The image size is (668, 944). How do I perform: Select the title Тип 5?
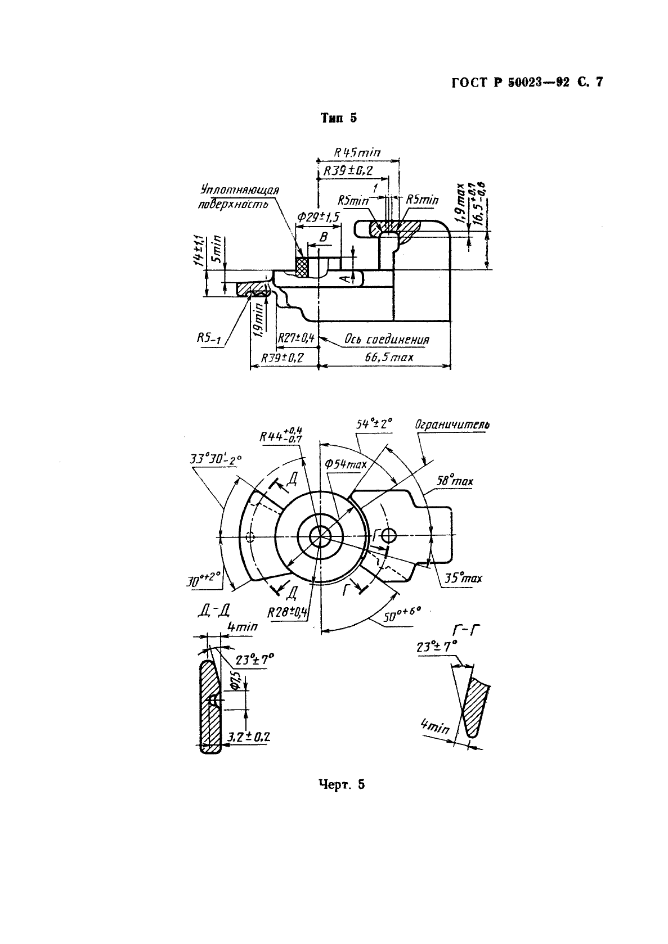338,118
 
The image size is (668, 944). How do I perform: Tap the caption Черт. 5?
341,784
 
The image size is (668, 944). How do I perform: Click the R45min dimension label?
357,152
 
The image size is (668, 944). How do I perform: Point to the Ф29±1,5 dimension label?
319,217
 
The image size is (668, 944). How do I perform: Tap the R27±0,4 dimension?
296,338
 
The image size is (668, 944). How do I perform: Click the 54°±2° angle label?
374,423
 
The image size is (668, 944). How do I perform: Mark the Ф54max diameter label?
346,464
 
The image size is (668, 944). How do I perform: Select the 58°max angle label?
455,481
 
